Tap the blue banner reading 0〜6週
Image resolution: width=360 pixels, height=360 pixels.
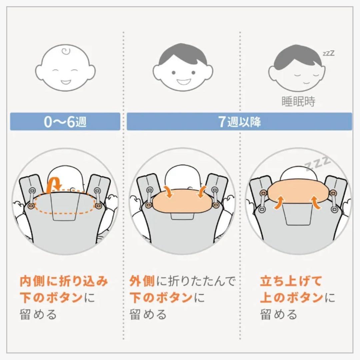65,122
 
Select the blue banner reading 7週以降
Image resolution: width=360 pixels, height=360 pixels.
239,122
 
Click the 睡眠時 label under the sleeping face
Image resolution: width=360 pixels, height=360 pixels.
298,101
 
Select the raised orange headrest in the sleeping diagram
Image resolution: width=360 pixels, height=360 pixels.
298,193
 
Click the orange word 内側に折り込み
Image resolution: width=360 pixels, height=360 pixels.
64,281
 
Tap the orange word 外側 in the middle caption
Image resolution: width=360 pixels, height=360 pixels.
142,281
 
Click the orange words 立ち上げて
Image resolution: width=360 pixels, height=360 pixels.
291,281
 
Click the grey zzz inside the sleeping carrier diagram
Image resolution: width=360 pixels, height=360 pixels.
318,163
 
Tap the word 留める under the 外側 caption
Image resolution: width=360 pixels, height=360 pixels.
148,314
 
